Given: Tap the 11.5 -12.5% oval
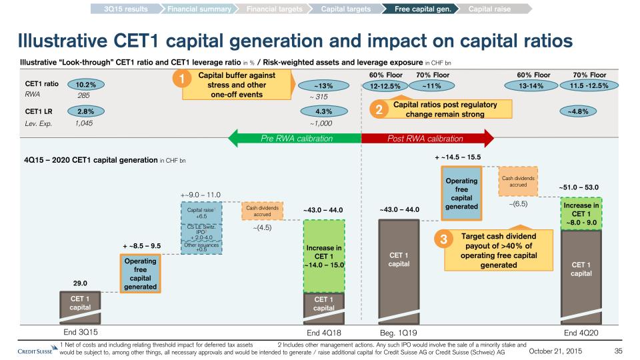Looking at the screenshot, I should tap(589, 85).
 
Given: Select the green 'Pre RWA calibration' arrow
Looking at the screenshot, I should tap(294, 139).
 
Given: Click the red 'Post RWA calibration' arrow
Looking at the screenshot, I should tap(427, 139).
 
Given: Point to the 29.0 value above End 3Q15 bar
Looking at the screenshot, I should tap(79, 283).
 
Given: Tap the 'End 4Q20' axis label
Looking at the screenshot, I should tap(581, 331).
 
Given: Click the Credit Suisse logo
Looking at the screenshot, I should tap(35, 351).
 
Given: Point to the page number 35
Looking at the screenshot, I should tap(618, 351).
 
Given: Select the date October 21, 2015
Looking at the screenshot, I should tap(557, 351).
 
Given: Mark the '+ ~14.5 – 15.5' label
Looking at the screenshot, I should tap(458, 157).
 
